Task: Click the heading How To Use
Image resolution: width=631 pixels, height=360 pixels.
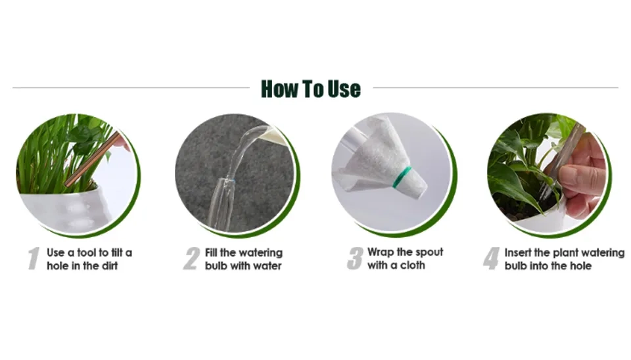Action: coord(311,89)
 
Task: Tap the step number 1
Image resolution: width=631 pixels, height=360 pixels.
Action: coord(34,259)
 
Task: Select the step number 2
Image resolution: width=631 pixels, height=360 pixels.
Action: coord(191,259)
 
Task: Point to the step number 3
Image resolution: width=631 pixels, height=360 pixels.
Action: coord(354,259)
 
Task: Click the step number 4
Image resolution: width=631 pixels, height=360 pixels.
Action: coord(491,259)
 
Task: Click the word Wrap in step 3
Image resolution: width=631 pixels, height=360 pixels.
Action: coord(381,253)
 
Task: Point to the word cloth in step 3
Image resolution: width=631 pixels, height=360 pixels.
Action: coord(413,265)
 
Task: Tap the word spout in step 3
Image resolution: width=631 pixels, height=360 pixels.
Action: coord(429,253)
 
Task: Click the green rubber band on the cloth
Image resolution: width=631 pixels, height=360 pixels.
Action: coord(402,176)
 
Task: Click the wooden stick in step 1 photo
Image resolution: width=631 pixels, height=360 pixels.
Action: coord(93,158)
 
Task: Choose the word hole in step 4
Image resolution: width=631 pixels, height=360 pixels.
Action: coord(580,266)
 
